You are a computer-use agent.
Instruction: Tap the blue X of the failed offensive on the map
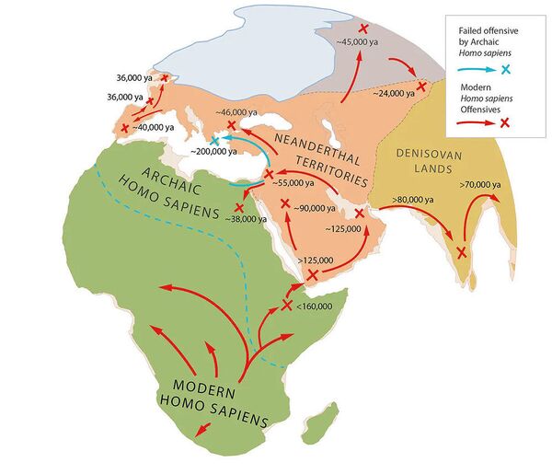[214, 140]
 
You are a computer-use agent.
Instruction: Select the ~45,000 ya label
[355, 42]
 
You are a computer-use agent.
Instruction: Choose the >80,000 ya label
[414, 197]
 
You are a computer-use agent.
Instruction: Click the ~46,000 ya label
[236, 112]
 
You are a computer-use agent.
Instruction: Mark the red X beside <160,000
[288, 305]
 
